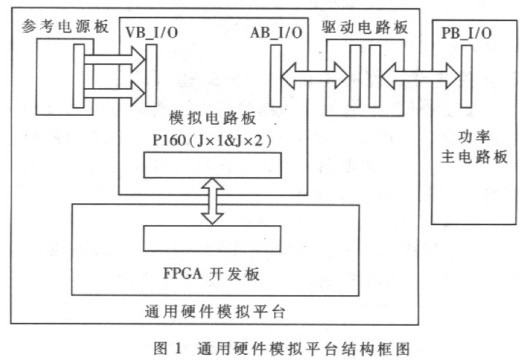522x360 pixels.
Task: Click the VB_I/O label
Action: (x=152, y=33)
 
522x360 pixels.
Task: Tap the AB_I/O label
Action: (x=276, y=33)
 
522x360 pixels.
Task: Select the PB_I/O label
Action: (x=466, y=33)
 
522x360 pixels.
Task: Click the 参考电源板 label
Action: (x=65, y=27)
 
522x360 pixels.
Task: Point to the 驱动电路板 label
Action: (x=365, y=27)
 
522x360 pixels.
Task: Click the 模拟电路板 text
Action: (x=212, y=118)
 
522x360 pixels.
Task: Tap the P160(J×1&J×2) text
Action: (x=212, y=141)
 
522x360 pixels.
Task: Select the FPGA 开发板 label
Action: (x=211, y=273)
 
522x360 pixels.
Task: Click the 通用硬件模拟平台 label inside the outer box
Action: (x=215, y=312)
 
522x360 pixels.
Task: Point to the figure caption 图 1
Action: (x=168, y=348)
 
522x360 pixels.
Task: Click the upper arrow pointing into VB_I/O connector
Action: (x=115, y=60)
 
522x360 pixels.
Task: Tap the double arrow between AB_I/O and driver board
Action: (x=315, y=76)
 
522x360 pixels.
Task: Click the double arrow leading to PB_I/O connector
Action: (x=420, y=76)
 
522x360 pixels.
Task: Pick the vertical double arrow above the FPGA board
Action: (x=212, y=201)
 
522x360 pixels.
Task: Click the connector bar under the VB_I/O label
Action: (x=151, y=76)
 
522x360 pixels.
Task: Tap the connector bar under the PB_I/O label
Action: (x=466, y=77)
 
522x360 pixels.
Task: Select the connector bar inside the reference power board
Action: (x=79, y=77)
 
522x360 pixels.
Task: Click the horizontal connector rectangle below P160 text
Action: (x=212, y=165)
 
